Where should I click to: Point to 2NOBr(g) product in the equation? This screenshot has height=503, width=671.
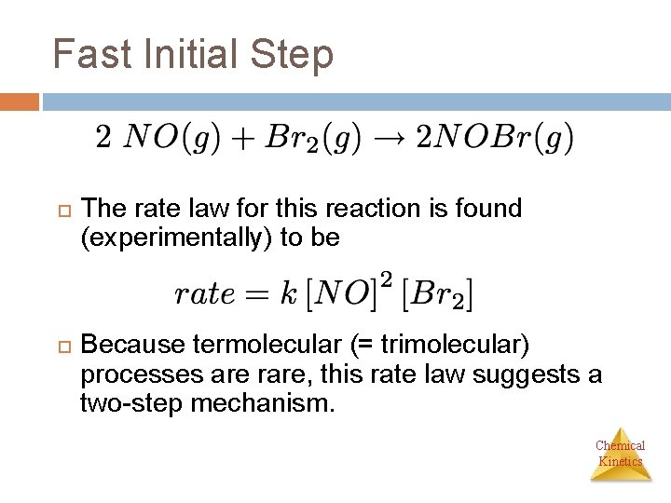coord(494,139)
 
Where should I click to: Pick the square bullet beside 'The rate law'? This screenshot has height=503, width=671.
coord(62,210)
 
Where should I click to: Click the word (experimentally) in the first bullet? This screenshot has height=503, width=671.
coord(176,238)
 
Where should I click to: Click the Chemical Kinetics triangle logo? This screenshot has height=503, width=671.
coord(621,455)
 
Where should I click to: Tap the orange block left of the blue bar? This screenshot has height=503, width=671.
coord(20,102)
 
